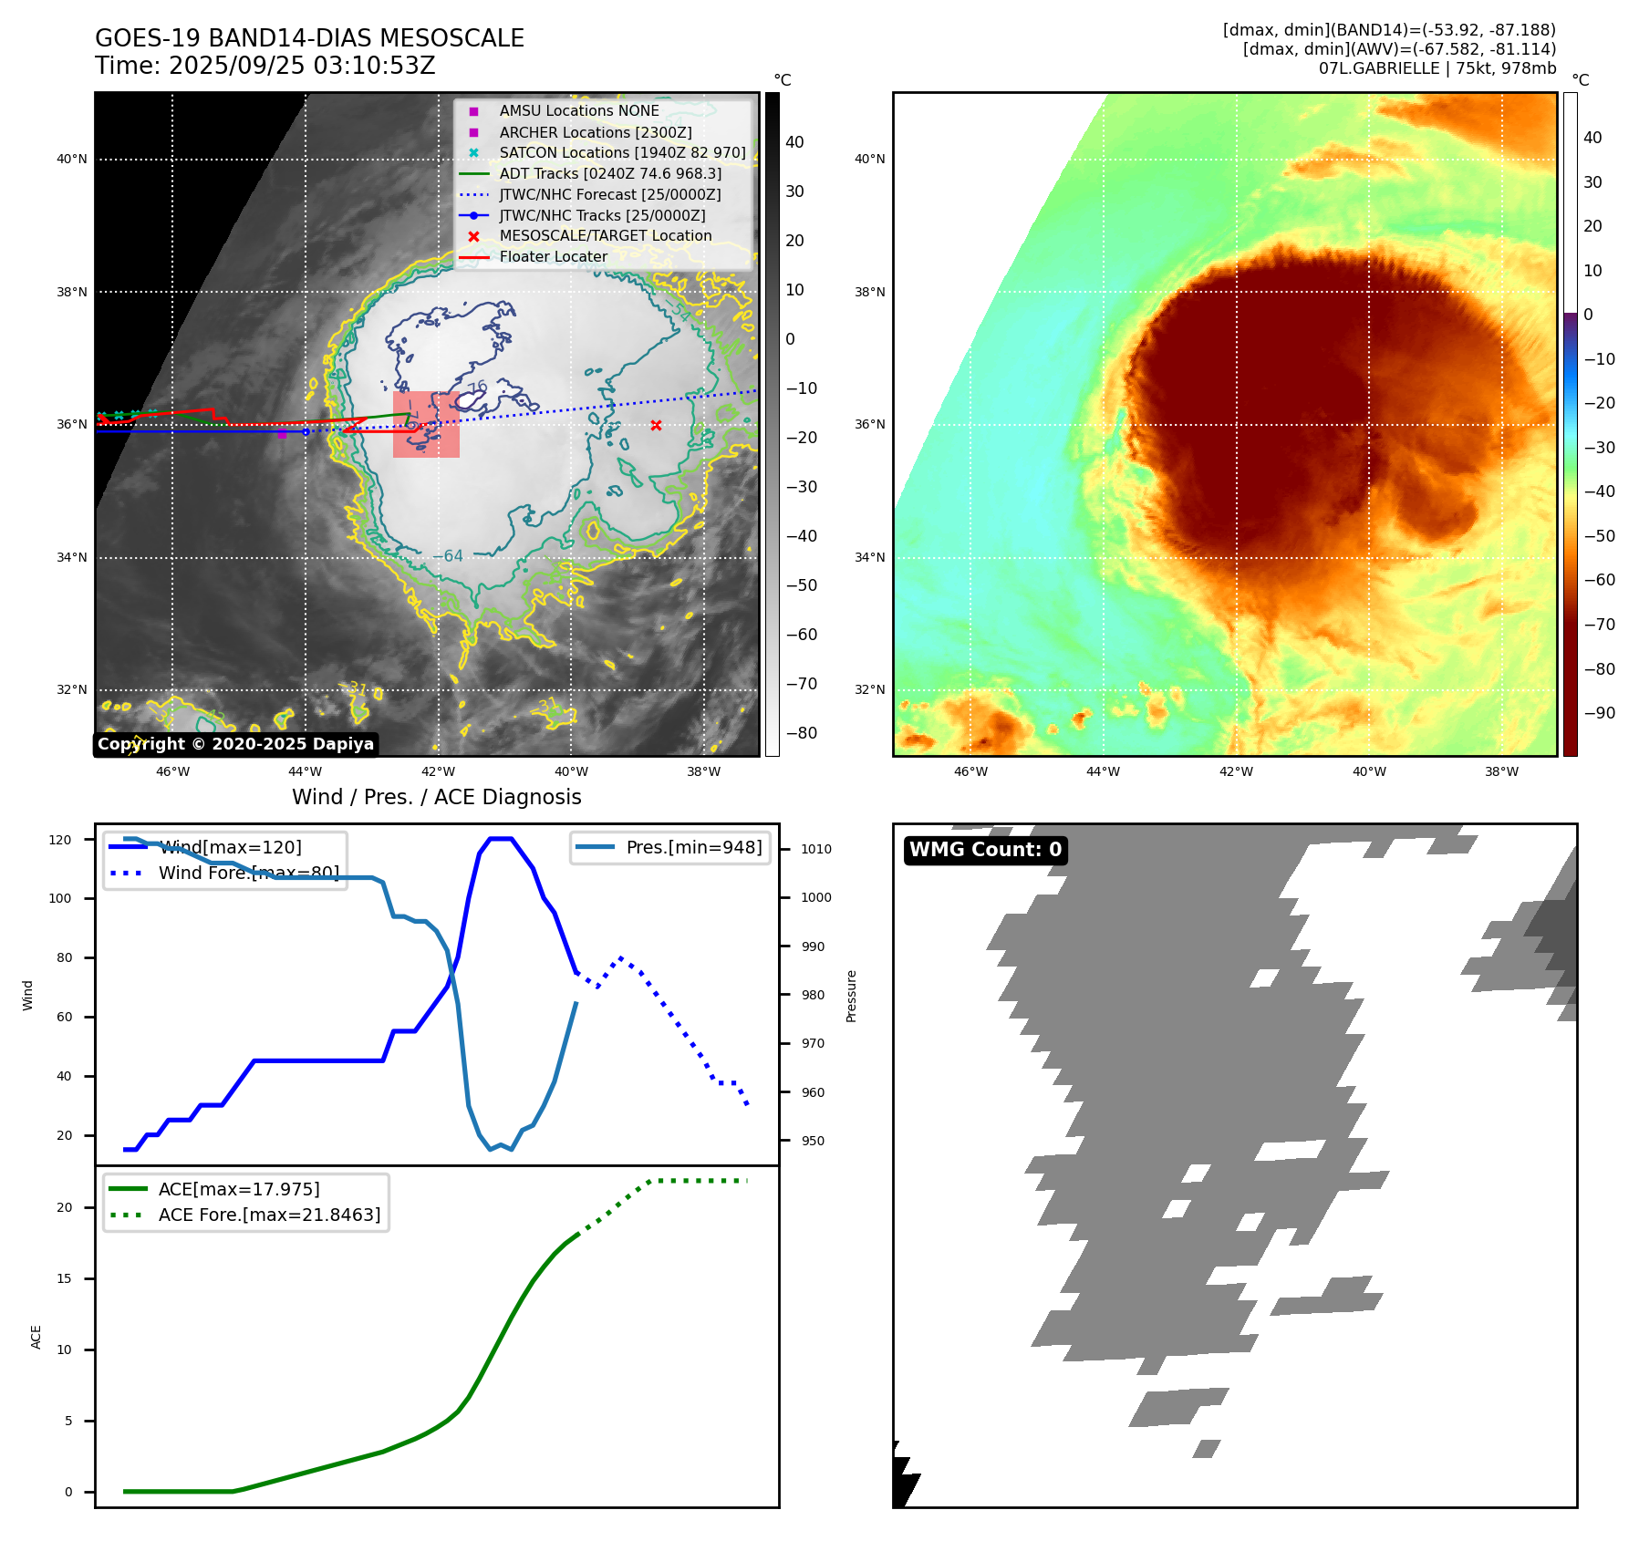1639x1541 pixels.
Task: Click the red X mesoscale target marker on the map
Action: [x=656, y=426]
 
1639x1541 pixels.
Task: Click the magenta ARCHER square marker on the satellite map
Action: [x=282, y=435]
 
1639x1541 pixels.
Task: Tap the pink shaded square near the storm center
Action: [x=426, y=425]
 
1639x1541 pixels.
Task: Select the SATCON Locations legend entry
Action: [x=622, y=152]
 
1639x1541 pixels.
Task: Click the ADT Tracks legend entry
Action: [x=610, y=173]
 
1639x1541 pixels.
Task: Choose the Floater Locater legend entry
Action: [x=553, y=256]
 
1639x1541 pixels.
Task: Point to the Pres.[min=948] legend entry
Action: [x=693, y=847]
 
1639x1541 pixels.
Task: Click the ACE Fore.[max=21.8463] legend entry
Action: [x=269, y=1215]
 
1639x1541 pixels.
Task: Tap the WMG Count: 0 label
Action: [x=985, y=850]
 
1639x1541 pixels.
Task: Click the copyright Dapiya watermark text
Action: [x=235, y=744]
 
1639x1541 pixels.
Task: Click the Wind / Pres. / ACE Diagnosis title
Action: [x=436, y=797]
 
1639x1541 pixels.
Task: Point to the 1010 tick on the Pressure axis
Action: [x=816, y=849]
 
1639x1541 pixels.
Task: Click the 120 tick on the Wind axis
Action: [x=60, y=840]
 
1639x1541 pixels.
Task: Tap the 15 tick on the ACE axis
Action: [x=64, y=1278]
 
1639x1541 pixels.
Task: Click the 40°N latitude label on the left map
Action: [x=71, y=159]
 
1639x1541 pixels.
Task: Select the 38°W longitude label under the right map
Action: [x=1501, y=771]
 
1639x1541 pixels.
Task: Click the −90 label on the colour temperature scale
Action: [x=1599, y=713]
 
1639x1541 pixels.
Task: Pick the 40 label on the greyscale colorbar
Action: [x=794, y=141]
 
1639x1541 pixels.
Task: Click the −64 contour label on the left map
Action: [x=447, y=556]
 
